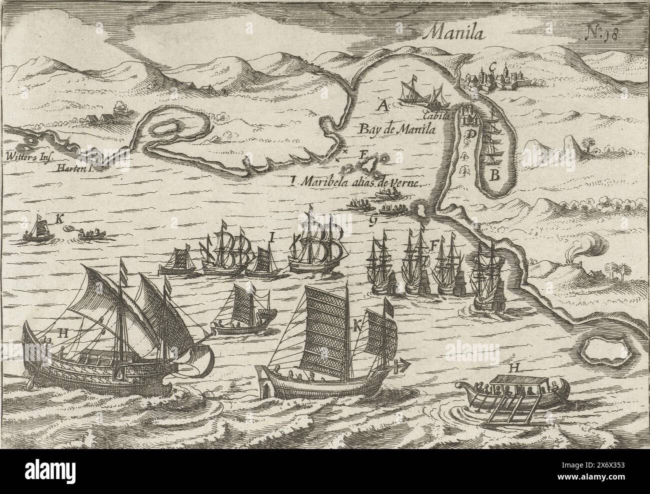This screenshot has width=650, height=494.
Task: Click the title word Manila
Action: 451,33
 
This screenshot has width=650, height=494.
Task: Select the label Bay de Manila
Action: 396,128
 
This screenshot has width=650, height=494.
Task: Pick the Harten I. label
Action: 75,168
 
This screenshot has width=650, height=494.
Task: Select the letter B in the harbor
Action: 494,175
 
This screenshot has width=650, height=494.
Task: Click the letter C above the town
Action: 492,64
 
